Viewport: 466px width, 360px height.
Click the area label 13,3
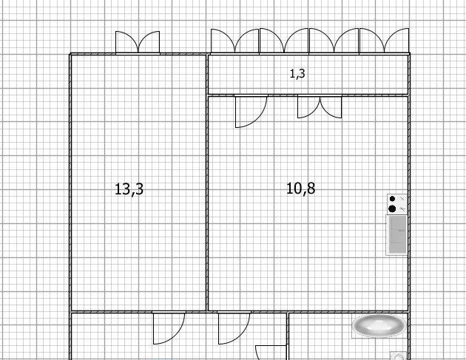[129, 189]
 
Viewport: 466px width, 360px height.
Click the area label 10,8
[301, 189]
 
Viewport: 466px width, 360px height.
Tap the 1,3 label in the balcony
[297, 73]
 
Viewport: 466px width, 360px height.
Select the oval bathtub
[379, 326]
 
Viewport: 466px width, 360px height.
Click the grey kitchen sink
[397, 234]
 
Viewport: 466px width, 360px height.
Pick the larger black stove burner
[392, 208]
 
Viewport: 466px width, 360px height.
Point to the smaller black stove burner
[392, 199]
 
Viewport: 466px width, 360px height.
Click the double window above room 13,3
[138, 42]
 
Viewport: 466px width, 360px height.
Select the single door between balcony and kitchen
[251, 111]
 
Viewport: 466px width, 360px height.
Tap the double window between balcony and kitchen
[320, 106]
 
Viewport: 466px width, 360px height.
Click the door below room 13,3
[169, 328]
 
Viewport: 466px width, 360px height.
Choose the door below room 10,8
[234, 328]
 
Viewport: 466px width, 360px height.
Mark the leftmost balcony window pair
[234, 41]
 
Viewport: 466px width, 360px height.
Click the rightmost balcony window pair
[385, 41]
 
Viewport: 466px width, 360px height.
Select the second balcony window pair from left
[284, 41]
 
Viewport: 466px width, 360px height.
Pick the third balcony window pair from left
[334, 41]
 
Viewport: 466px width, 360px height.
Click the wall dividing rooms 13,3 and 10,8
[207, 183]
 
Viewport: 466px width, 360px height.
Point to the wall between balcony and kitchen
[308, 95]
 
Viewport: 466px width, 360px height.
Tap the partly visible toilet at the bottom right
[398, 356]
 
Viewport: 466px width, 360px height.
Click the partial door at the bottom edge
[271, 353]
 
